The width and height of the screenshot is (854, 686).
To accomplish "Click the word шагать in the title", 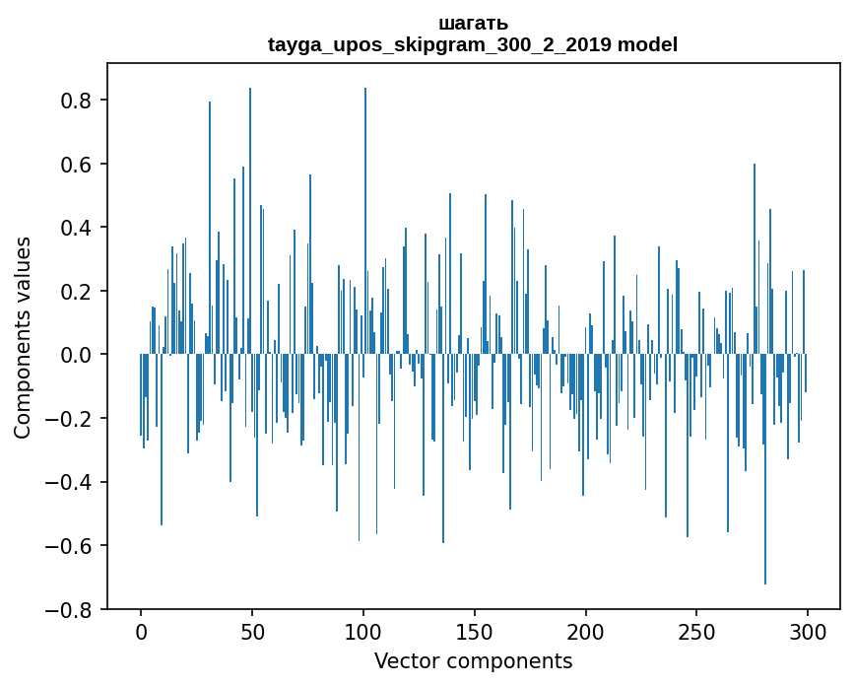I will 473,24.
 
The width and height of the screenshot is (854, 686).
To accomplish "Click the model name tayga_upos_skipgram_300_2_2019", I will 439,44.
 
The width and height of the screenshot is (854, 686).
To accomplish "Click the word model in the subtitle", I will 647,44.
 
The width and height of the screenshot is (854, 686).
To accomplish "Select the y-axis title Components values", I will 23,337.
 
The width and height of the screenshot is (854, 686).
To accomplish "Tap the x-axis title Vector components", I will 473,660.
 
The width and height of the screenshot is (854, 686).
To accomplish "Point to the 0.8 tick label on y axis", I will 76,101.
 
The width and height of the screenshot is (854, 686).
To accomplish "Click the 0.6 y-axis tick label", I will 76,165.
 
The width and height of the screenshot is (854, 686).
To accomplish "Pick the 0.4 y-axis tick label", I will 76,228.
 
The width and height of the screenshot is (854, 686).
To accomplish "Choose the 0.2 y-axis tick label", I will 76,292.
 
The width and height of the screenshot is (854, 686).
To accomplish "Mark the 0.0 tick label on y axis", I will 76,355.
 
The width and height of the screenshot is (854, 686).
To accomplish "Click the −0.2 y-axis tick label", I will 69,419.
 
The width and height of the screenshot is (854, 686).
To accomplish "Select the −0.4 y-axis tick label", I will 69,482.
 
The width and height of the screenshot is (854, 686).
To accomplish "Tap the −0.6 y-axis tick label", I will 69,546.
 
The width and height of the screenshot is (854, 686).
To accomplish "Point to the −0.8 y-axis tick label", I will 69,609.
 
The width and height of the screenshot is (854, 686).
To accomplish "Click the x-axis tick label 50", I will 252,631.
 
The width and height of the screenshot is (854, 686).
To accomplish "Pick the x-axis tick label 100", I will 363,631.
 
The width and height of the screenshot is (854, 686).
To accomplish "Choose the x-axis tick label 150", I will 475,631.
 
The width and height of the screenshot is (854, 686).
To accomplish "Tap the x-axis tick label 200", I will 586,631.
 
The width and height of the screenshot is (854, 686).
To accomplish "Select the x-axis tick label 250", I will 697,631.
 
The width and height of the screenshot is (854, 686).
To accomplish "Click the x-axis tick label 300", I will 809,631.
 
